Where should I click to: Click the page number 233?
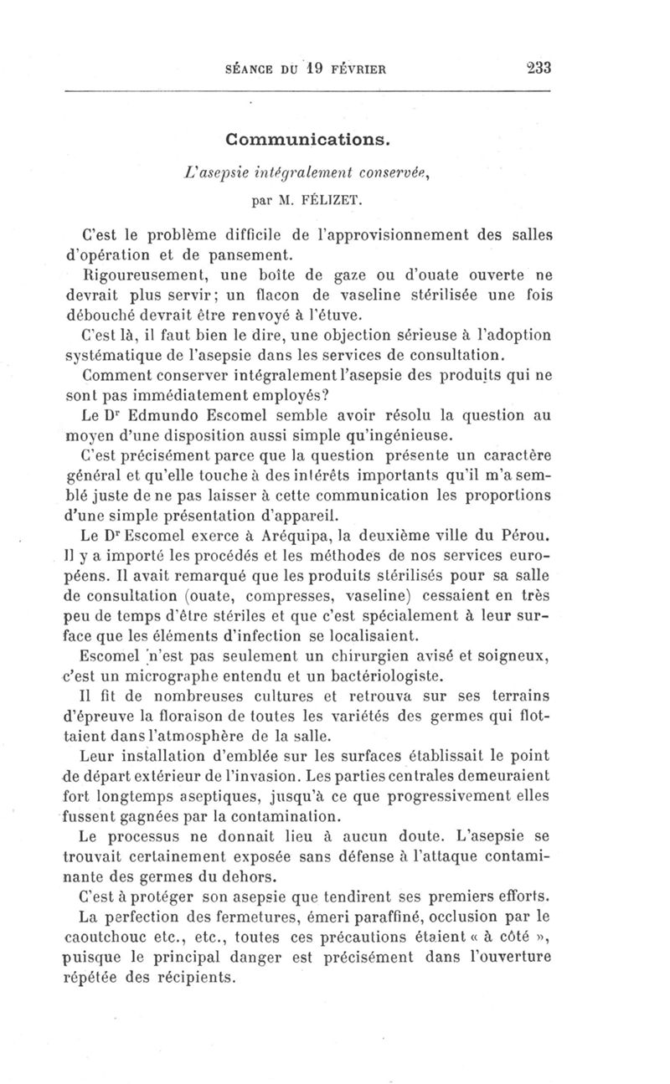pyautogui.click(x=533, y=68)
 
